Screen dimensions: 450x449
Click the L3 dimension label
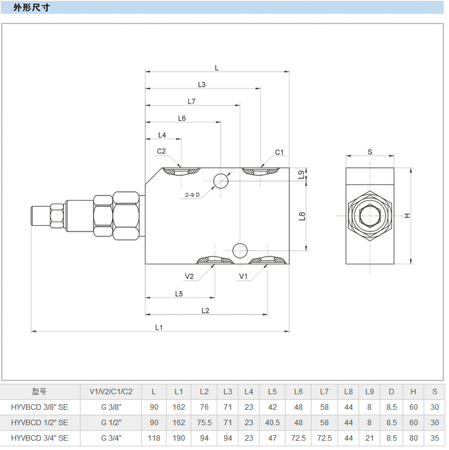click(202, 84)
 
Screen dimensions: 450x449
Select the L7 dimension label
click(191, 101)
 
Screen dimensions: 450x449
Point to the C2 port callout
click(161, 151)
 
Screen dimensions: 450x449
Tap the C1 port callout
click(279, 152)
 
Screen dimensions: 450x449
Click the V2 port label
click(190, 276)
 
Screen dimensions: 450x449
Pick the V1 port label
click(243, 276)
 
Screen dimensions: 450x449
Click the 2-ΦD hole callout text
click(192, 195)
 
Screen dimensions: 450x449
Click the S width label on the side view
click(370, 151)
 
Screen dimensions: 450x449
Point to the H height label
click(408, 215)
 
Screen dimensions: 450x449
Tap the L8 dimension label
click(302, 216)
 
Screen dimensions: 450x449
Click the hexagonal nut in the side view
click(370, 216)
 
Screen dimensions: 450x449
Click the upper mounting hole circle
click(221, 180)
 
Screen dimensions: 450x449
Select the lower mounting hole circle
click(240, 250)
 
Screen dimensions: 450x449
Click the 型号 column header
click(39, 391)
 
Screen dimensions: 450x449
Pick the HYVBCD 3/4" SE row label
click(40, 438)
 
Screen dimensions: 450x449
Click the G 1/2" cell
click(111, 423)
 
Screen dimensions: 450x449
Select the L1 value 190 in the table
click(178, 438)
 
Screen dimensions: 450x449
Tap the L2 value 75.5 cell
click(204, 423)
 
